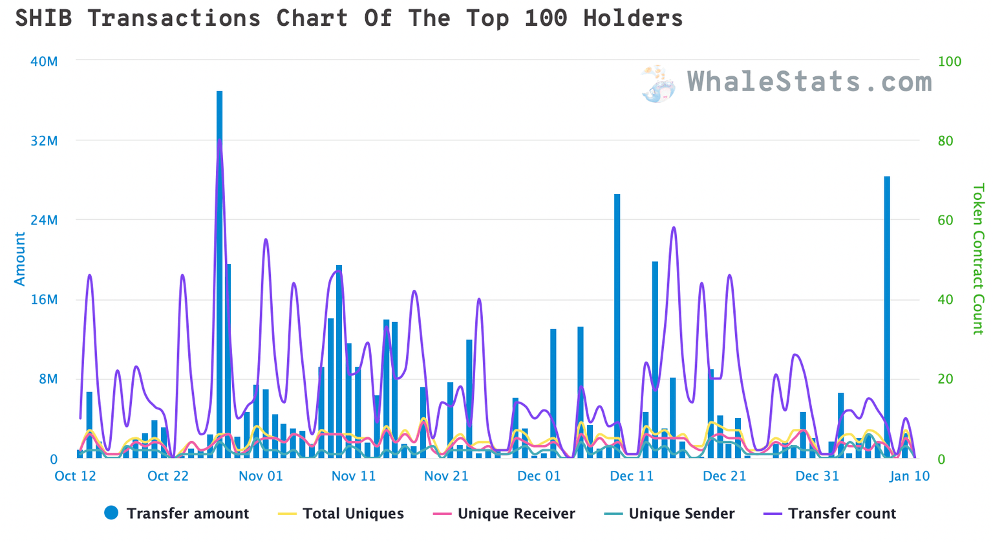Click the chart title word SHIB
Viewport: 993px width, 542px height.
(x=43, y=18)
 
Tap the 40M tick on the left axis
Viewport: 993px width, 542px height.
(x=44, y=61)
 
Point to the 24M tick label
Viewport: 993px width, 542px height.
(x=44, y=220)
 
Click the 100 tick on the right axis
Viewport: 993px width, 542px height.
(x=949, y=61)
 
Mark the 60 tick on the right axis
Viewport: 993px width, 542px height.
(x=945, y=220)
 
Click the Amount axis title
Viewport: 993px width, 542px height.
(x=20, y=259)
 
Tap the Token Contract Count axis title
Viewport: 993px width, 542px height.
(x=977, y=259)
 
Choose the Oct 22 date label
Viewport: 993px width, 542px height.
(x=168, y=477)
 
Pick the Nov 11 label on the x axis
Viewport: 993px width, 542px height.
(x=353, y=477)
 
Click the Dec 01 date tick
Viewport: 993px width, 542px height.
(x=539, y=477)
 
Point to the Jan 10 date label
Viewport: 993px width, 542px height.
(x=909, y=477)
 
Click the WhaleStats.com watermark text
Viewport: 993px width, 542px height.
(x=809, y=82)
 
